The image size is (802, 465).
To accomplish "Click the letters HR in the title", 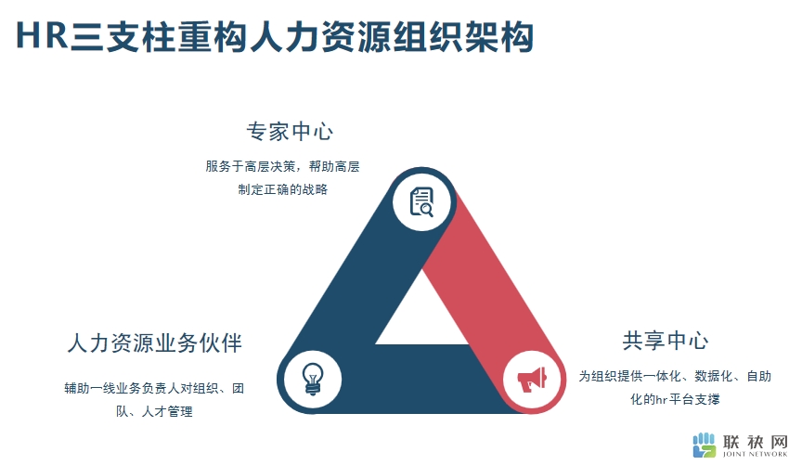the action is click(x=43, y=36).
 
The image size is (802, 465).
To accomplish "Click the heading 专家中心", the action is click(x=290, y=132).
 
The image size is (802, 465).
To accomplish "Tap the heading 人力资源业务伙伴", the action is click(x=155, y=342).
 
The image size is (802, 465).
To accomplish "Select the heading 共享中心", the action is click(x=666, y=341).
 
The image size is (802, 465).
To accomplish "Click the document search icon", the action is click(x=422, y=202).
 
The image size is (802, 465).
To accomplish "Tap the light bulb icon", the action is click(x=313, y=379).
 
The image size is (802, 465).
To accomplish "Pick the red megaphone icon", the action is click(x=532, y=380).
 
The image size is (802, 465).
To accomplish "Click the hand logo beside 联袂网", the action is click(x=705, y=446).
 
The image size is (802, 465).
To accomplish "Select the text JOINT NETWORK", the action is click(x=755, y=454).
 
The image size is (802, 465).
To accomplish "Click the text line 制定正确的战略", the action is click(x=283, y=189).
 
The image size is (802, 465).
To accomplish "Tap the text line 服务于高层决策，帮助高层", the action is click(x=283, y=167).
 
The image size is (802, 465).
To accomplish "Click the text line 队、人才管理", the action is click(x=154, y=411).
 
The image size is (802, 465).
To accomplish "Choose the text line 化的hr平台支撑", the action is click(x=675, y=399).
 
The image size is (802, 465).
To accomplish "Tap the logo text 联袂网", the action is click(x=756, y=442).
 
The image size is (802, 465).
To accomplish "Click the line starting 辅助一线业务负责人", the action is click(x=154, y=388).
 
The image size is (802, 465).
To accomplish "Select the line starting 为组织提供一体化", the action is click(x=675, y=377).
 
